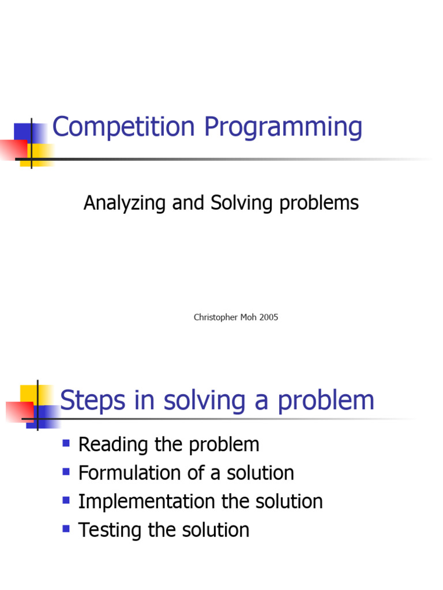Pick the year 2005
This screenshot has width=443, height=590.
pyautogui.click(x=269, y=317)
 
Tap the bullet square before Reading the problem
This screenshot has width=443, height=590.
pyautogui.click(x=66, y=444)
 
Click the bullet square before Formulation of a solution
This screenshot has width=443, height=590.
pyautogui.click(x=66, y=472)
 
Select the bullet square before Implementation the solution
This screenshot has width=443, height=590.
pyautogui.click(x=66, y=500)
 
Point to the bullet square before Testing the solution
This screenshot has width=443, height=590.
pyautogui.click(x=66, y=528)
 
